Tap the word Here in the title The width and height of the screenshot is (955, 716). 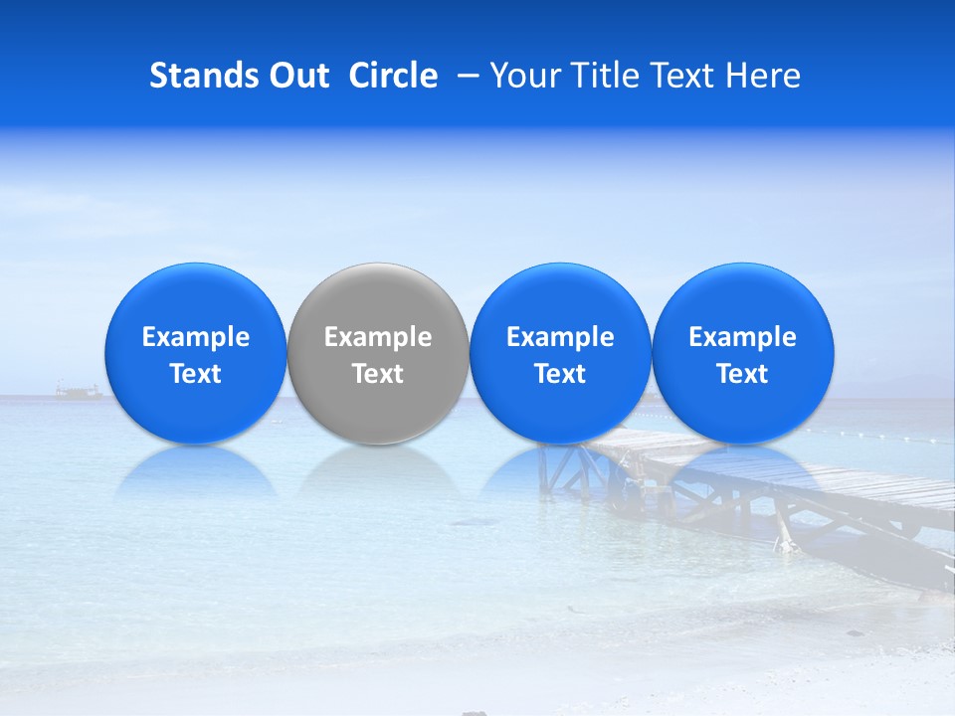[x=763, y=76]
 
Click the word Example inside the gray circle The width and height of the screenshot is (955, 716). [x=378, y=337]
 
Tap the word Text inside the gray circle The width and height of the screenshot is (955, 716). [x=378, y=374]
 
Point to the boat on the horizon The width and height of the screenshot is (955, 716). [x=79, y=391]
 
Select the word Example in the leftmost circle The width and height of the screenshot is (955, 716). [x=196, y=337]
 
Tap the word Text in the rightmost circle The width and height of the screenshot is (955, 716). [x=743, y=374]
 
